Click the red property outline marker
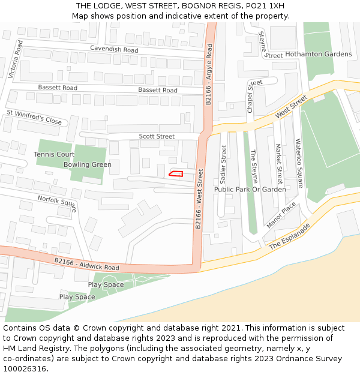[x=176, y=174]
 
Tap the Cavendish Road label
[x=114, y=49]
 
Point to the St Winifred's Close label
[x=34, y=117]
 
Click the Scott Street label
[x=157, y=137]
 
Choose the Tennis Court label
[x=54, y=154]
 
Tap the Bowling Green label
[x=88, y=164]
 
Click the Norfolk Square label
[x=58, y=203]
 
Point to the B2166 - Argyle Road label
[x=209, y=75]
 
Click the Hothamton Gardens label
[x=319, y=54]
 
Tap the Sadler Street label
[x=224, y=164]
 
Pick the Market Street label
[x=278, y=164]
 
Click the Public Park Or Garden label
[x=250, y=190]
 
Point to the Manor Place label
[x=281, y=215]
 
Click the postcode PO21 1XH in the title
[x=265, y=6]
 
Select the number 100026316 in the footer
[x=25, y=369]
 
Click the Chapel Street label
[x=251, y=96]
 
